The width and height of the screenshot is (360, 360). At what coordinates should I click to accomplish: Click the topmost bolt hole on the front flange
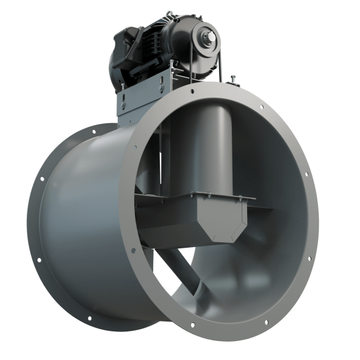coord(192,92)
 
